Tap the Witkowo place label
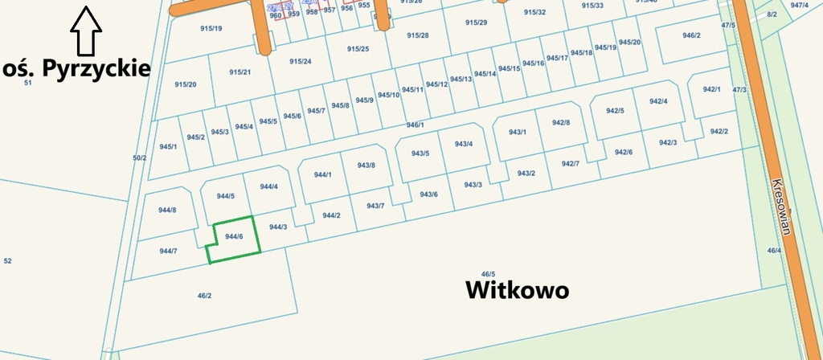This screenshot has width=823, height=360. tap(518, 290)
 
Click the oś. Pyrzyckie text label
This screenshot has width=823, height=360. tap(77, 67)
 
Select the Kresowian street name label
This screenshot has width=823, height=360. tap(780, 206)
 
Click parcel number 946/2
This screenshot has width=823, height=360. tap(691, 35)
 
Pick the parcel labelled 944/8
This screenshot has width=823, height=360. tap(167, 211)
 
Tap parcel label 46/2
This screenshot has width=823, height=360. tap(204, 296)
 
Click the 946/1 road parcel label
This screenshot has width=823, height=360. tap(415, 125)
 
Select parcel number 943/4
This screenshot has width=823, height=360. tap(464, 144)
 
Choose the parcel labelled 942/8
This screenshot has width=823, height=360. tap(561, 122)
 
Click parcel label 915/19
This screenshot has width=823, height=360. tap(211, 28)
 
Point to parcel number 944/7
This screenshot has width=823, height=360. tap(167, 252)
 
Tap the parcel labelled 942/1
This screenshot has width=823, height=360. tap(712, 89)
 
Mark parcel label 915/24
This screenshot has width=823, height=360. tap(300, 62)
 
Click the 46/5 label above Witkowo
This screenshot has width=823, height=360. tap(488, 275)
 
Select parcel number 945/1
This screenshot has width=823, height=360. tap(168, 146)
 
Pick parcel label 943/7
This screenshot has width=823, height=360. tap(375, 206)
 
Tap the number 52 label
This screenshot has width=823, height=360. tap(8, 261)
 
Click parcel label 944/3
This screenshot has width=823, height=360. tap(278, 227)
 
